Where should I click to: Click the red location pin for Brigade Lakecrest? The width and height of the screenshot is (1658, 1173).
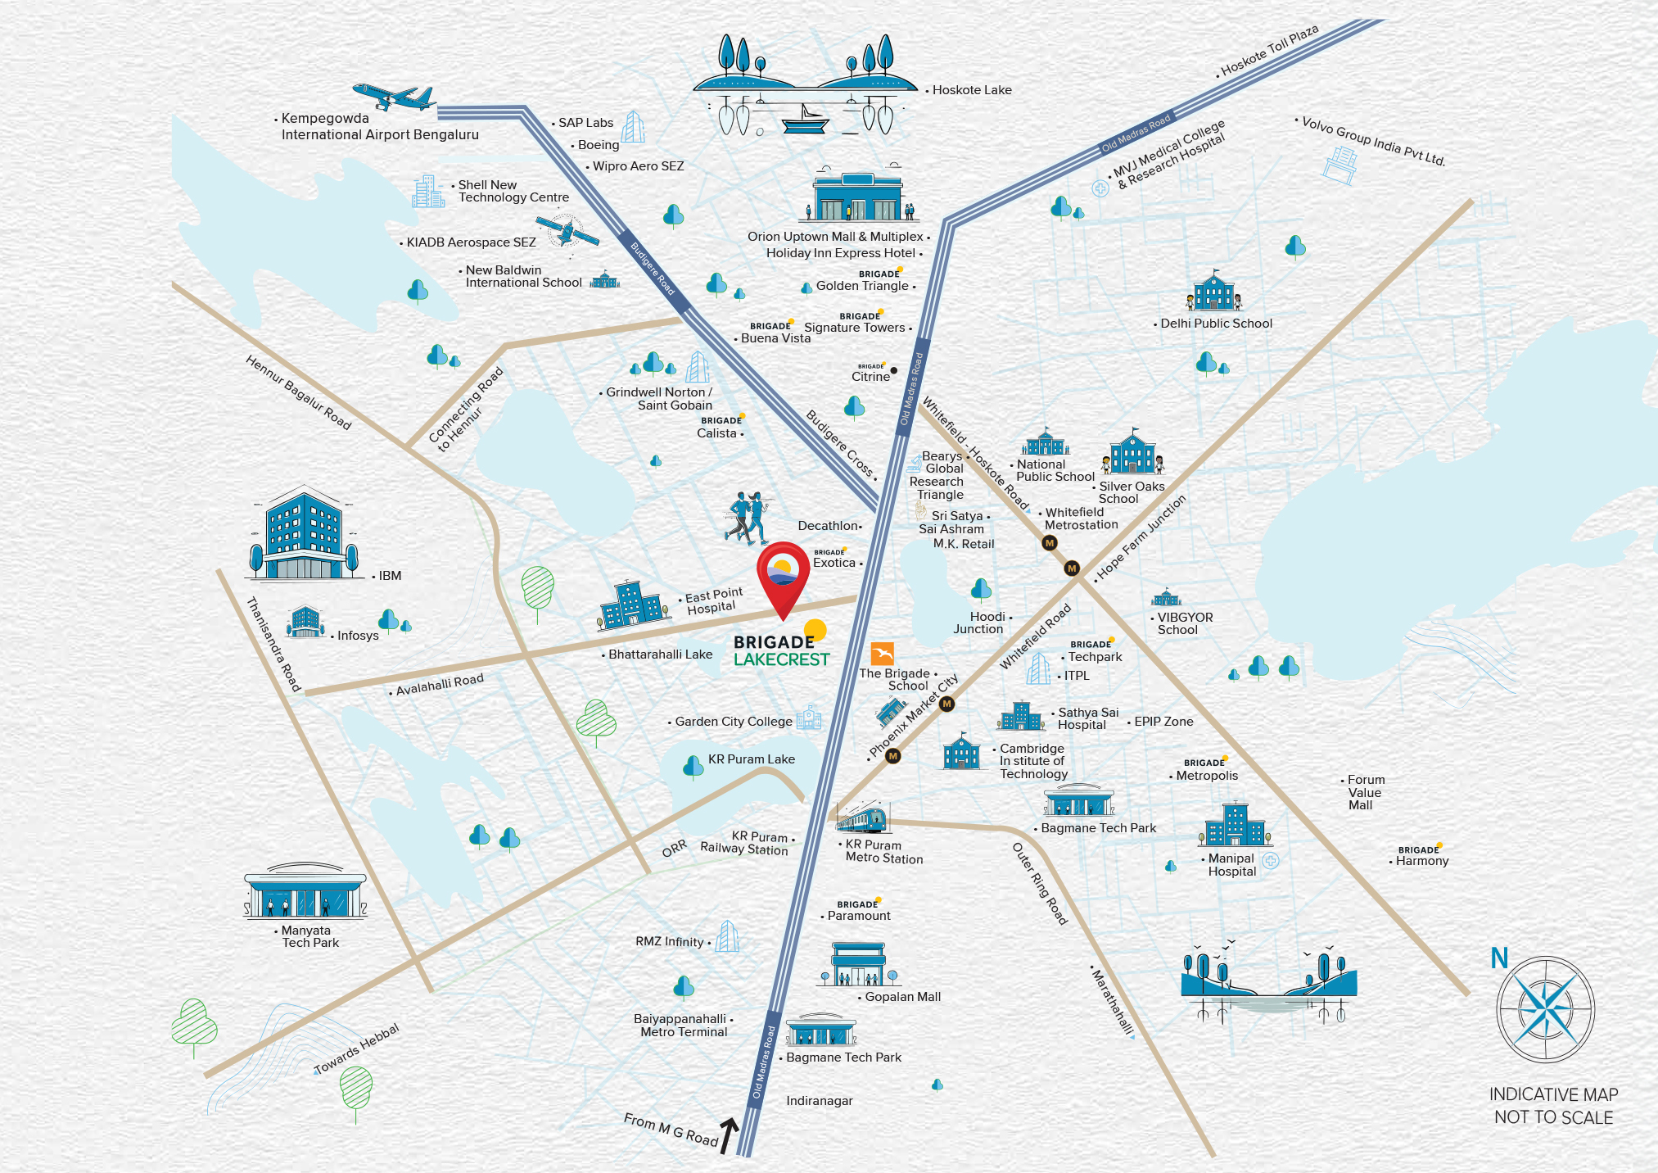coord(783,573)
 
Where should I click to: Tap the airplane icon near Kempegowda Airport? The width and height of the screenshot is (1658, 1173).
coord(394,97)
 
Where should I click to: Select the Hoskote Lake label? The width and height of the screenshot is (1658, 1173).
coord(972,90)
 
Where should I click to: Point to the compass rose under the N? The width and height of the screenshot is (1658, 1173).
coord(1545,1010)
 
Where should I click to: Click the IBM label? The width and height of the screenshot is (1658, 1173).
coord(390,576)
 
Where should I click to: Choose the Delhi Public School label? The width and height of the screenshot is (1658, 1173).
coord(1216,324)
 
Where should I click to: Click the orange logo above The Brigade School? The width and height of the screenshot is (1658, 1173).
coord(883,654)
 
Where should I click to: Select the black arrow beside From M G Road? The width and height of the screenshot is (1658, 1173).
coord(727,1135)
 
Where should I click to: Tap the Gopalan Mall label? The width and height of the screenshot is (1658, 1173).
coord(902,997)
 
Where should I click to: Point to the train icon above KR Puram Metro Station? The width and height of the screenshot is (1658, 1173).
coord(861,817)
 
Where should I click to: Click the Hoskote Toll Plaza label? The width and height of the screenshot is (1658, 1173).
coord(1269,51)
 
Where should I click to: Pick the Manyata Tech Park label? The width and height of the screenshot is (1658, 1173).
coord(309,936)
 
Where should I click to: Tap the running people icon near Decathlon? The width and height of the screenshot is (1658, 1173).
coord(748,519)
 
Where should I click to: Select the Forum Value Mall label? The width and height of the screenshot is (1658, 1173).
coord(1365,792)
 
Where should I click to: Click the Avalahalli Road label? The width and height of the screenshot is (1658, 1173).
coord(440,685)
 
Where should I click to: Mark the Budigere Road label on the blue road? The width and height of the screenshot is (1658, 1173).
coord(652,268)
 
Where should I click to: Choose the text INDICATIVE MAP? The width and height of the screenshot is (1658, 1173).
coord(1553,1094)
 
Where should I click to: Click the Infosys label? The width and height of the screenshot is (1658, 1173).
coord(358,636)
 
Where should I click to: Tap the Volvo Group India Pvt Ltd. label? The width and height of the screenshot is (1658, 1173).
coord(1373,141)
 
